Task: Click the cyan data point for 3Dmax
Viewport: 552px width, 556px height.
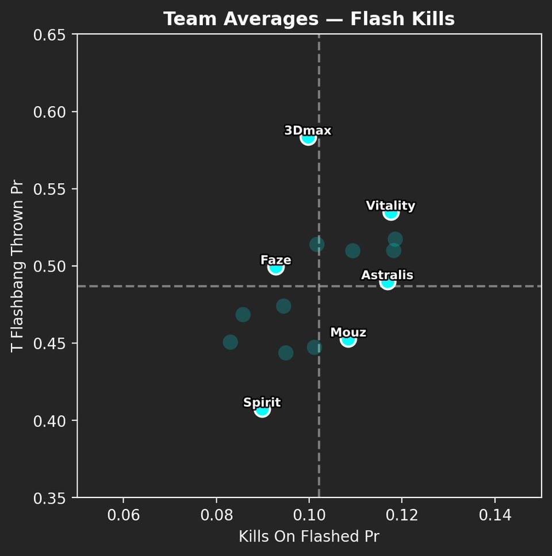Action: coord(308,138)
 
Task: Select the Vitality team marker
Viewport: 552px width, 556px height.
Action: coord(391,213)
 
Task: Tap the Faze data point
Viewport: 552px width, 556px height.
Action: coord(276,267)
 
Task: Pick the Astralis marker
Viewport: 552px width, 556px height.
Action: coord(388,282)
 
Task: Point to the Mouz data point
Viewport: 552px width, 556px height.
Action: coord(348,340)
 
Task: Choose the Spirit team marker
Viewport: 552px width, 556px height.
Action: coord(262,410)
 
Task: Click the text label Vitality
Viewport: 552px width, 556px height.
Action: coord(390,206)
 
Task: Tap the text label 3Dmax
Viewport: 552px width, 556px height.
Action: coord(308,131)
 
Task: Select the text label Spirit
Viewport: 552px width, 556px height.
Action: coord(262,403)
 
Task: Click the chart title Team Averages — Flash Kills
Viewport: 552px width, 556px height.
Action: coord(309,20)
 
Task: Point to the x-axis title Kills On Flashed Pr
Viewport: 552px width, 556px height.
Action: coord(309,536)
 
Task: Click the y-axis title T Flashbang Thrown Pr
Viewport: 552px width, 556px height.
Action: coord(18,267)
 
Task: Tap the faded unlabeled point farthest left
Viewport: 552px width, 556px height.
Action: coord(231,342)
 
